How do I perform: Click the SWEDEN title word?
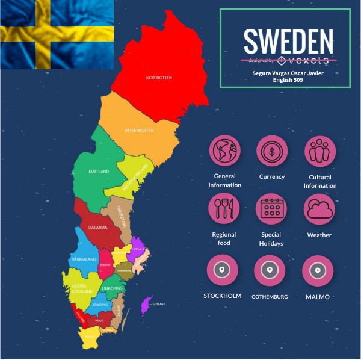(x=288, y=41)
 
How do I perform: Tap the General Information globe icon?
(x=224, y=151)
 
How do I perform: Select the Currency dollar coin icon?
(x=272, y=151)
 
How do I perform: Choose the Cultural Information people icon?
(x=319, y=151)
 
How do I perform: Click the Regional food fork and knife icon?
(x=224, y=208)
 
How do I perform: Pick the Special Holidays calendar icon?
(x=272, y=208)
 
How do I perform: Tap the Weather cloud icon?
(x=319, y=208)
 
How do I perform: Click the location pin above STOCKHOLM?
(x=222, y=270)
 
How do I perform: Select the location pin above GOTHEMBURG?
(x=270, y=270)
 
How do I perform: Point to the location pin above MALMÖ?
(x=318, y=270)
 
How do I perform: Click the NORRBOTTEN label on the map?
(x=159, y=78)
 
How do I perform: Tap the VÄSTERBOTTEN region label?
(x=139, y=130)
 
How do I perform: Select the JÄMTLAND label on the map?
(x=98, y=172)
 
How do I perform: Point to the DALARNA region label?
(x=97, y=228)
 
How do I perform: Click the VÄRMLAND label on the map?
(x=84, y=259)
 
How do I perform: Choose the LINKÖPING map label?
(x=113, y=289)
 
